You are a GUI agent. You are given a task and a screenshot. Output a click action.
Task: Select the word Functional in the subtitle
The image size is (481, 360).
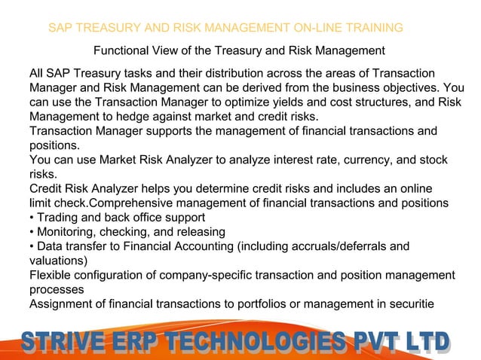coord(122,51)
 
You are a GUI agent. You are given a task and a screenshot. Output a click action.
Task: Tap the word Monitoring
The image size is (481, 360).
coord(67,231)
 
